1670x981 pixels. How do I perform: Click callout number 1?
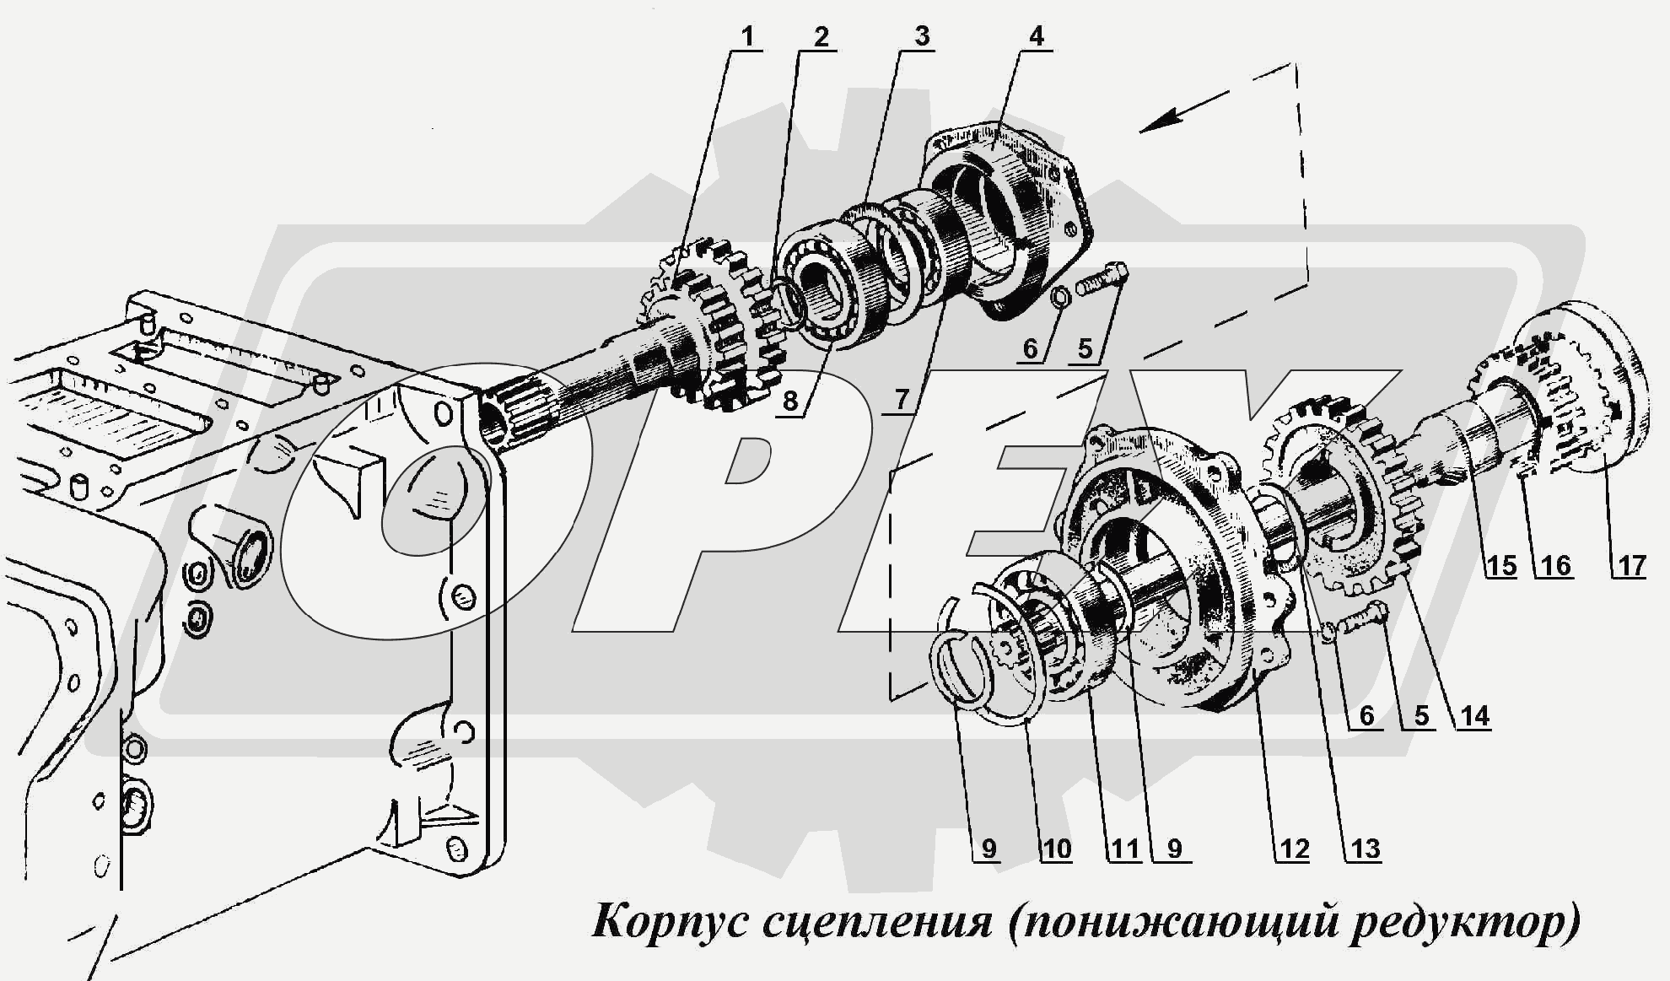pos(746,36)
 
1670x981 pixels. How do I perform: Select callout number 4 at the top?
pos(1037,36)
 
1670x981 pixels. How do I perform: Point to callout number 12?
pos(1293,849)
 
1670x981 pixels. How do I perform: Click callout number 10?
pos(1055,849)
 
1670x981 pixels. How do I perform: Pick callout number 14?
pos(1474,716)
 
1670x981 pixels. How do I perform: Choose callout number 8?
pos(790,400)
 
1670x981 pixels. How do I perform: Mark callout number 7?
pos(902,398)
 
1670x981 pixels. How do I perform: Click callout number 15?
pos(1501,565)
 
